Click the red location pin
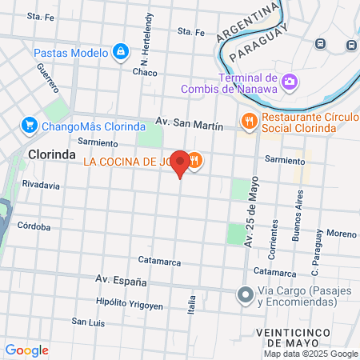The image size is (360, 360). (x=181, y=163)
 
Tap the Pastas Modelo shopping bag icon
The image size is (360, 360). (x=120, y=53)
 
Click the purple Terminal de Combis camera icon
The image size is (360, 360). (x=289, y=82)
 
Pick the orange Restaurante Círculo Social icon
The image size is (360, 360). (x=249, y=122)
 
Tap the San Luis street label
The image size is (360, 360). (x=88, y=322)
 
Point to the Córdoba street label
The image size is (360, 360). (x=34, y=226)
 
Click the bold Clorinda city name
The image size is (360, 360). (x=51, y=154)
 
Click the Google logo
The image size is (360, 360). (x=26, y=350)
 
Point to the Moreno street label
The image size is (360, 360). (x=341, y=234)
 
